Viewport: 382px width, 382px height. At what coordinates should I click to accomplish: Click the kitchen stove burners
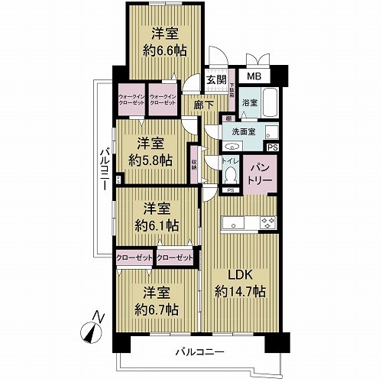[267, 224]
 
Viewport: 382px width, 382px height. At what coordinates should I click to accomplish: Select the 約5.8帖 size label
[151, 160]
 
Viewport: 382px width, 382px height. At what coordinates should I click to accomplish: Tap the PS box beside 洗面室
[273, 147]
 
